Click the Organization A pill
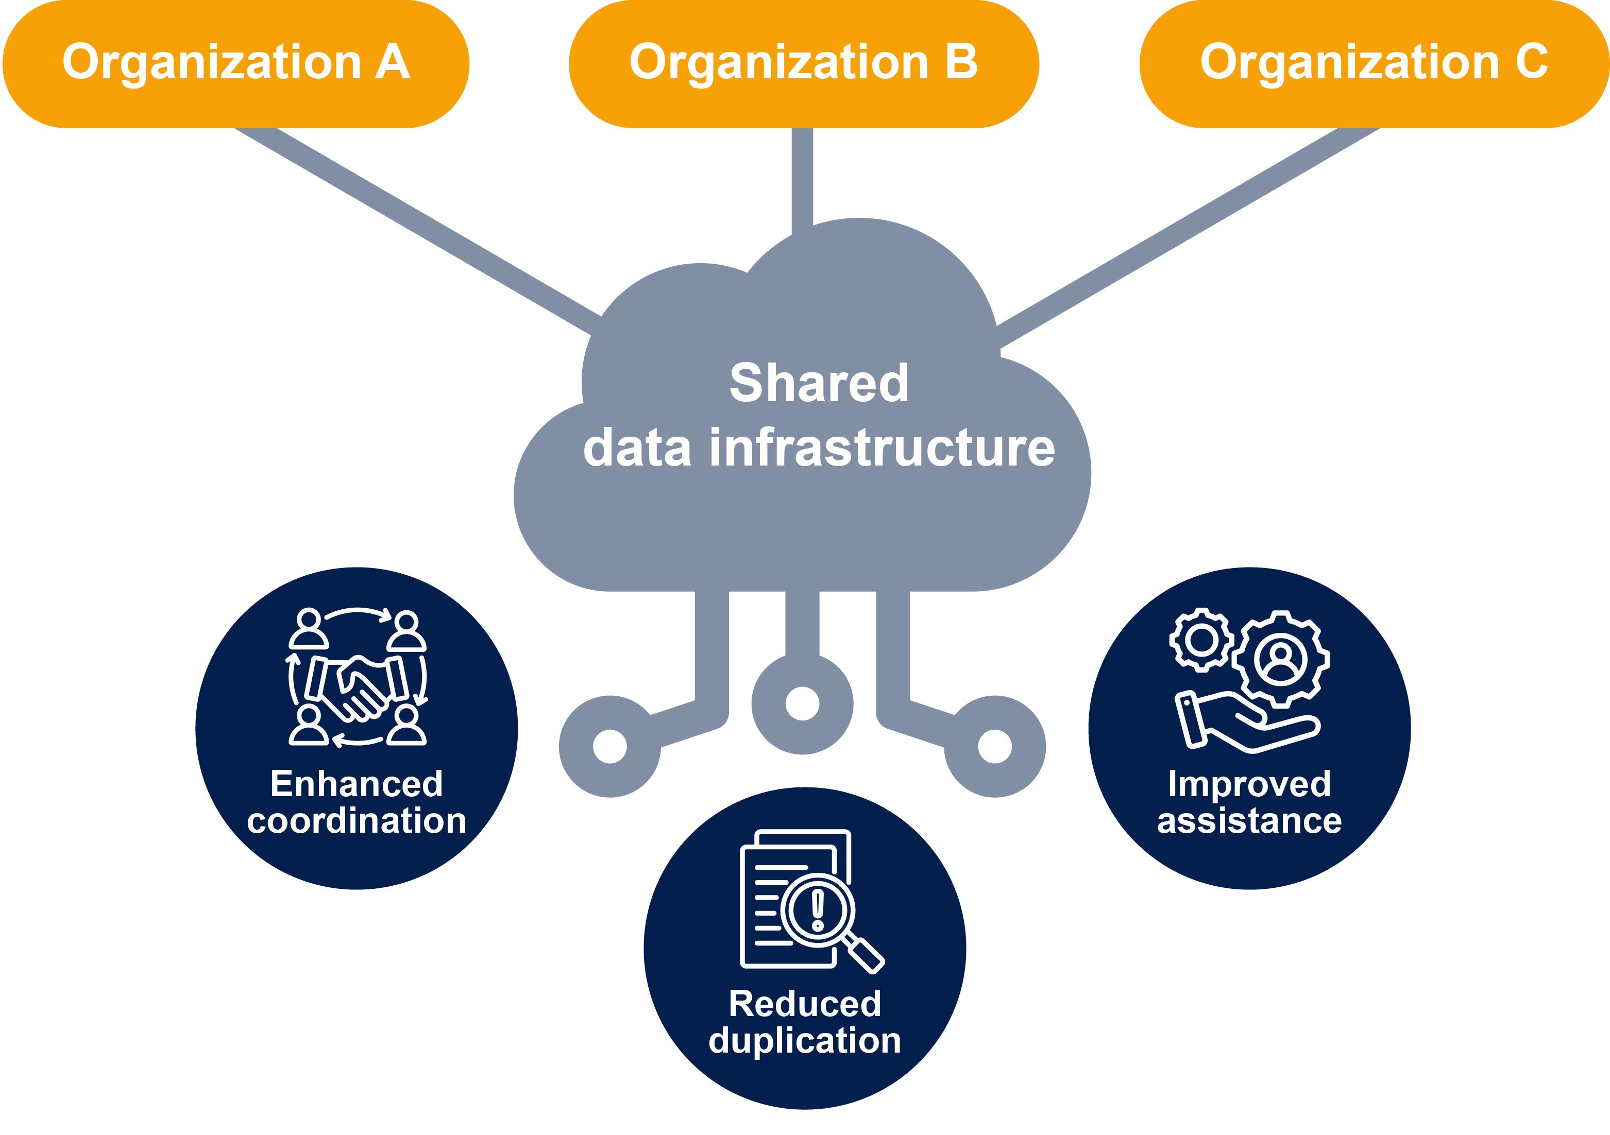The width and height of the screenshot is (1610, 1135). point(235,63)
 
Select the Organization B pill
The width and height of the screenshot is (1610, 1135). point(804,63)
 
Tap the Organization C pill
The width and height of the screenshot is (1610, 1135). point(1375,63)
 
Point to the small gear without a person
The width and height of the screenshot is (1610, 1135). point(1202,640)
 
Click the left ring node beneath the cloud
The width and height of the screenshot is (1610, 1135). point(609,747)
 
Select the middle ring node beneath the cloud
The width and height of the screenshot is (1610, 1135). point(802,704)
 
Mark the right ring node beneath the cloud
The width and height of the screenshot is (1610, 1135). point(994,747)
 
